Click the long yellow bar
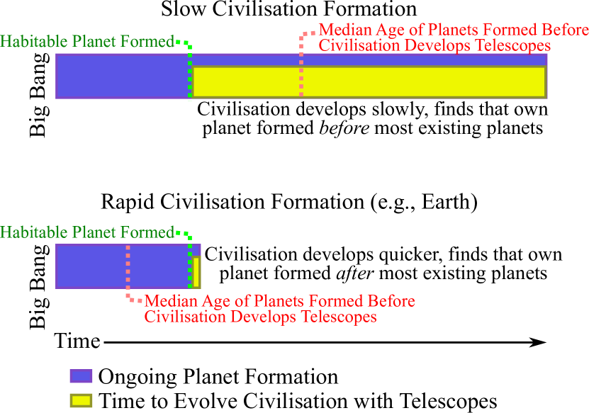(x=425, y=81)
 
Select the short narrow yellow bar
(x=196, y=272)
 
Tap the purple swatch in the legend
(x=81, y=376)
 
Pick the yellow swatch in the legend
(x=81, y=400)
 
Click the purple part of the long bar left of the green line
(x=120, y=76)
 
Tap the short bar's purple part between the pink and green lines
(x=159, y=267)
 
